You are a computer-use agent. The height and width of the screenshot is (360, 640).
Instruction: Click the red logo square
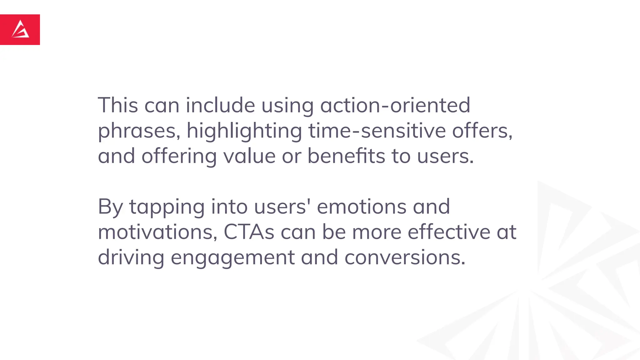20,30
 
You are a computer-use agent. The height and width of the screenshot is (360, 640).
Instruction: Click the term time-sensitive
377,131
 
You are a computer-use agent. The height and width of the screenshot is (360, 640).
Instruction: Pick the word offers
482,131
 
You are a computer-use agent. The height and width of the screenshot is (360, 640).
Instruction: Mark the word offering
179,156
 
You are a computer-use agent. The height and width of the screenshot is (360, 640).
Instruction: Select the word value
249,156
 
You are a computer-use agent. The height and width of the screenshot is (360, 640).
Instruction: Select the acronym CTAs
249,232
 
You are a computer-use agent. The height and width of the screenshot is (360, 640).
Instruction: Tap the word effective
449,232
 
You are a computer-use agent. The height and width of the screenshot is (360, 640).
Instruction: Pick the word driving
131,258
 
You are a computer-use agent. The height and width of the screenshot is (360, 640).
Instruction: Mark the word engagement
232,258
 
